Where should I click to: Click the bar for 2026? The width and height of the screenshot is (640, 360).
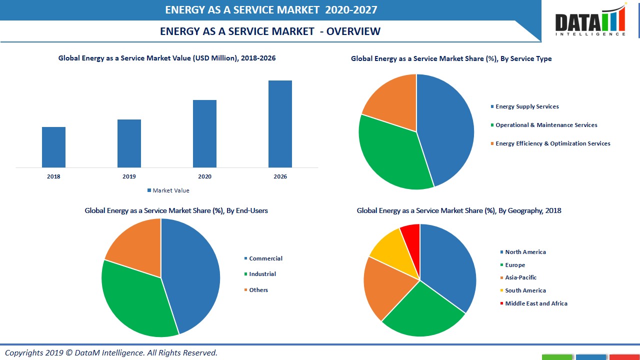280,124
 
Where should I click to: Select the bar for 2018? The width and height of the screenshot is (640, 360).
53,147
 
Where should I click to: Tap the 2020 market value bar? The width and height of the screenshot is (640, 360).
204,133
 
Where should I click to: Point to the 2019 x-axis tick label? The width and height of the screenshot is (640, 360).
129,176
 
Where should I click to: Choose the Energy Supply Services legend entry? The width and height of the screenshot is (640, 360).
526,106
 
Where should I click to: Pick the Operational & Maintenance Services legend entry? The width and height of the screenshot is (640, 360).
546,125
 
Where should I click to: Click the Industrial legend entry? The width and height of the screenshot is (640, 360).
262,274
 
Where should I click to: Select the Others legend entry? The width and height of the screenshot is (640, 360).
258,290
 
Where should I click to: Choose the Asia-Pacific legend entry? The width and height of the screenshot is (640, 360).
520,277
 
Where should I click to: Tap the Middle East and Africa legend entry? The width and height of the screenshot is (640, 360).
535,303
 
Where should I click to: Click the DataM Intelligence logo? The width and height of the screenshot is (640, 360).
590,21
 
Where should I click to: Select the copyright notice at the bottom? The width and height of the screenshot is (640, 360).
111,352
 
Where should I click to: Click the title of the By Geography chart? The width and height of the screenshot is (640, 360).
458,210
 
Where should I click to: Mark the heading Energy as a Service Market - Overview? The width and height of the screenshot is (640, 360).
270,31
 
